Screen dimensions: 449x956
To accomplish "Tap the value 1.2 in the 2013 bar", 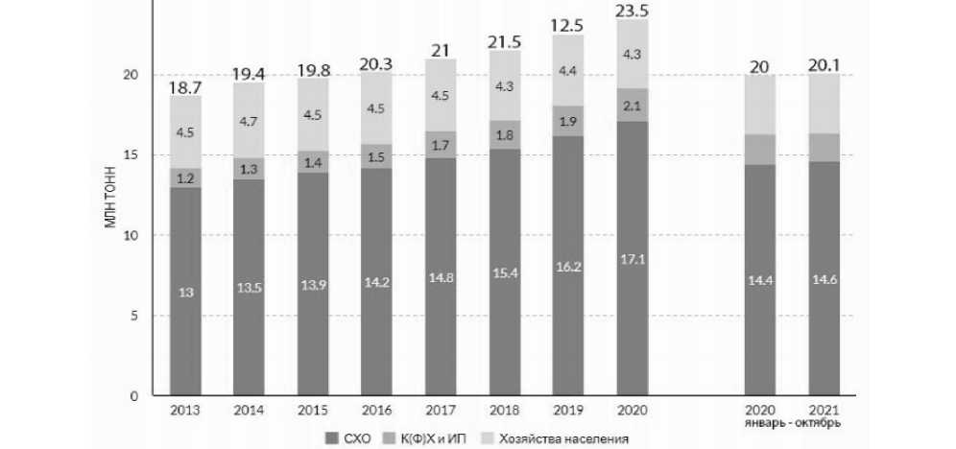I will click(x=187, y=177).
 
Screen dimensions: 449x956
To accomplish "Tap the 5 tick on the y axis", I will click(x=135, y=316).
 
